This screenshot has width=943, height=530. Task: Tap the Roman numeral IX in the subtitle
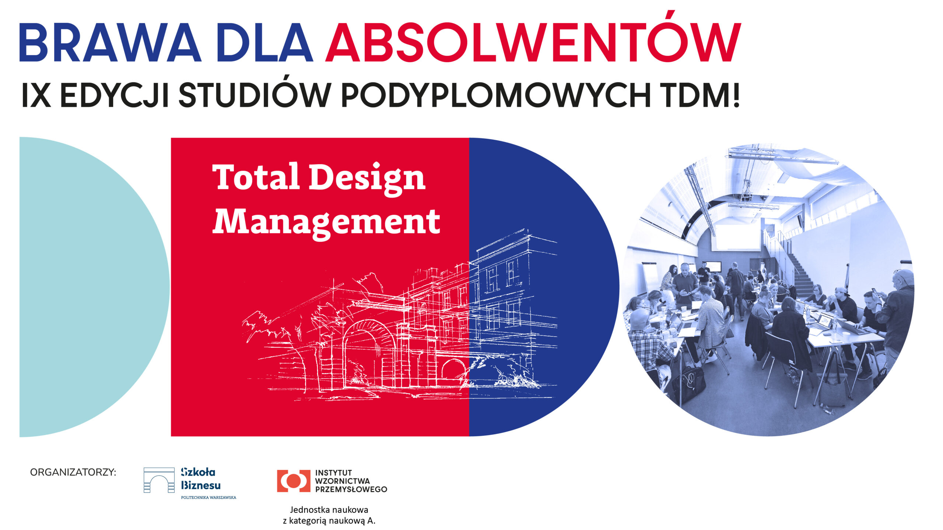tap(36, 96)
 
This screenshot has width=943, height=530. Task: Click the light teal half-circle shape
tap(85, 287)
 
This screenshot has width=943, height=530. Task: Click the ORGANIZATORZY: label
tap(73, 472)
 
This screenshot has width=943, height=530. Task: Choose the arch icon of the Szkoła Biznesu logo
tap(159, 480)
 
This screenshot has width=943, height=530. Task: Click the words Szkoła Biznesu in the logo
tap(200, 478)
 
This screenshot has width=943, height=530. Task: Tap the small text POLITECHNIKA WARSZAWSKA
tap(208, 498)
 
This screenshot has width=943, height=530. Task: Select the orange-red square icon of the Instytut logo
tap(294, 481)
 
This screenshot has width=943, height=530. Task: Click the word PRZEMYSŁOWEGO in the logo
tap(351, 490)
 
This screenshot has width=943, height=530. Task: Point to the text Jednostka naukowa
tap(329, 510)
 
